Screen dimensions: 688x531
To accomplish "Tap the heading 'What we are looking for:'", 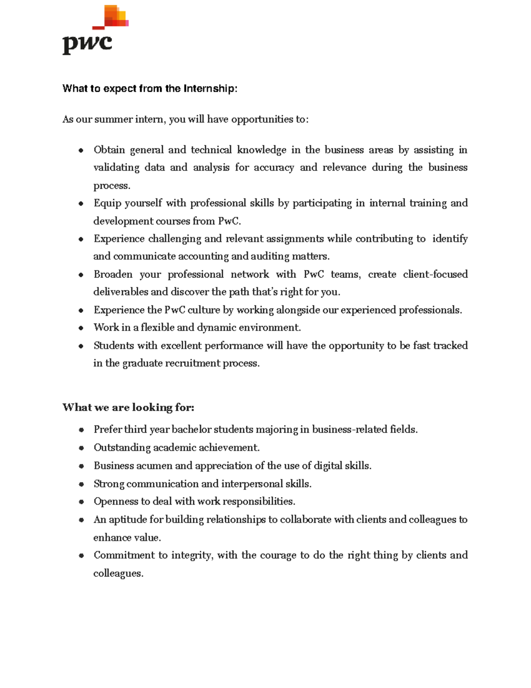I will pos(128,407).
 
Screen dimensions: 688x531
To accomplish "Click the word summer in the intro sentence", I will pos(112,119).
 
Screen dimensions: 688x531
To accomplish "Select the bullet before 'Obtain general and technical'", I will pos(81,150).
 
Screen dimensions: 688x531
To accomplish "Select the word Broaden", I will pos(113,274).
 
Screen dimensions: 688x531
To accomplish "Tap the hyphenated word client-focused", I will pos(435,274).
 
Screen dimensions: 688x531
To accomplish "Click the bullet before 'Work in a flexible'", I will pos(81,328).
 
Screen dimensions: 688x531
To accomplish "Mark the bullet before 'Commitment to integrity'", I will pos(81,556).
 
